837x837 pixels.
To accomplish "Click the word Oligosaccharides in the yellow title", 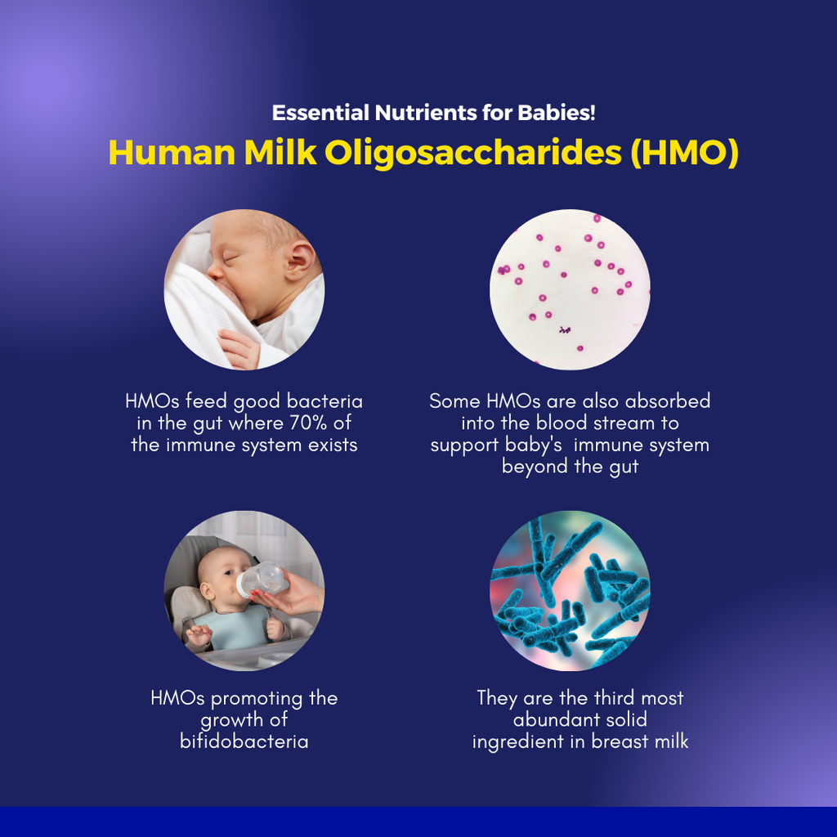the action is pos(473,153).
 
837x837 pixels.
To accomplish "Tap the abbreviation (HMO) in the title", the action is pos(685,153).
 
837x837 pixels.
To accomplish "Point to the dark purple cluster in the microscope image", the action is pos(565,330).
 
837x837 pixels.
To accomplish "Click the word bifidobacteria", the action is pos(244,741).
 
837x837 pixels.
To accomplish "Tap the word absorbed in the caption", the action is pos(667,401).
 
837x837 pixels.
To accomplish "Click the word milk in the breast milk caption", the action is pos(672,741).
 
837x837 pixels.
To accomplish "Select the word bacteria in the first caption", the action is pos(325,401).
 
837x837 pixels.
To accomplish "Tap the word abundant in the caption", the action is pos(550,719).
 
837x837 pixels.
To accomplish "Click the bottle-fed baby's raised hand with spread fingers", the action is pos(199,634).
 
